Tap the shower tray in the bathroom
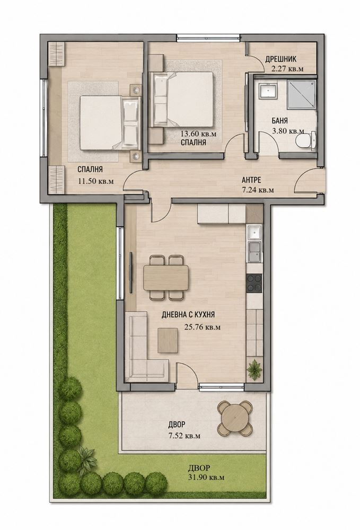302,95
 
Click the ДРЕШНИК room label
280,59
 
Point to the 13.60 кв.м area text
197,134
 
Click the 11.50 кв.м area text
95,181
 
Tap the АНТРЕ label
251,180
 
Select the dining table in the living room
166,278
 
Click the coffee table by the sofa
168,341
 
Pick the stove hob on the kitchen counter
254,283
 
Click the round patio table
235,418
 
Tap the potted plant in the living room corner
254,370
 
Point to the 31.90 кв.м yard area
206,478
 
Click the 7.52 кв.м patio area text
184,436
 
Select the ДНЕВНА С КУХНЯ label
188,315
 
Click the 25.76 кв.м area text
202,327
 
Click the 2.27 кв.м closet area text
287,69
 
